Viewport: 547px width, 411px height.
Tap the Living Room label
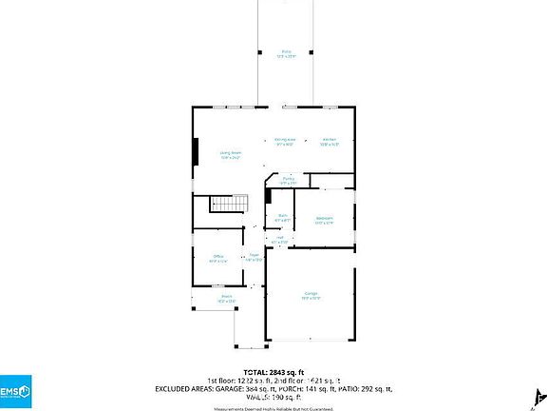coord(230,154)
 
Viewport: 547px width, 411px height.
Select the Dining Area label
coord(284,141)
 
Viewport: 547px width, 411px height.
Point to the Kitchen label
coord(329,141)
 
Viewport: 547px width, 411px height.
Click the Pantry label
coord(287,180)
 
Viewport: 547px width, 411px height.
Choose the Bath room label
coord(282,218)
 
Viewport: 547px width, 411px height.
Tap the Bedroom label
coord(324,220)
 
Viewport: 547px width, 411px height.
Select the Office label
coord(217,258)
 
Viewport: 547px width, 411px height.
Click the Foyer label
coord(254,257)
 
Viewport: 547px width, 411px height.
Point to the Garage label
coord(311,294)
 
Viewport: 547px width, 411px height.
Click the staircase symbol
coord(228,204)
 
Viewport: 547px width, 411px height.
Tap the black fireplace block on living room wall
coord(196,152)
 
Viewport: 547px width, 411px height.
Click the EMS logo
coord(18,391)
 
